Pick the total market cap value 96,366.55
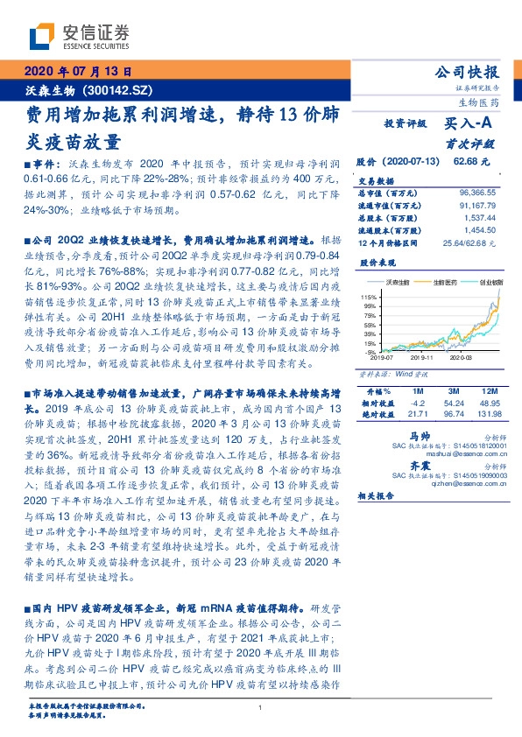476,192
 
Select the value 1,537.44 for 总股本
479,215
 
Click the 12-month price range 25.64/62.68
471,240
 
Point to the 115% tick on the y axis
369,298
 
